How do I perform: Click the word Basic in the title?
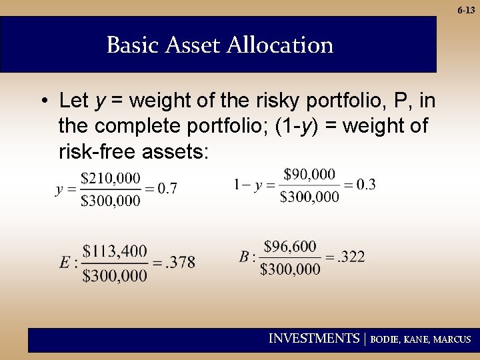131,45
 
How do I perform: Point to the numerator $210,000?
111,178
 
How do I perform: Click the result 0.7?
167,189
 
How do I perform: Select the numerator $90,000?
309,174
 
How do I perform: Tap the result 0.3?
365,185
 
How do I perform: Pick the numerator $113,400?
115,251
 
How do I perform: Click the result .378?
181,262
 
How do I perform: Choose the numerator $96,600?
290,247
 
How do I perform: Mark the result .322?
351,257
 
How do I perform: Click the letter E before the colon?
64,263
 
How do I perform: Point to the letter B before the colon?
244,257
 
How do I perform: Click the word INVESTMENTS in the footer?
313,339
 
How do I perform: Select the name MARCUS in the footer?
452,340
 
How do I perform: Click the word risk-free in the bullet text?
98,152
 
